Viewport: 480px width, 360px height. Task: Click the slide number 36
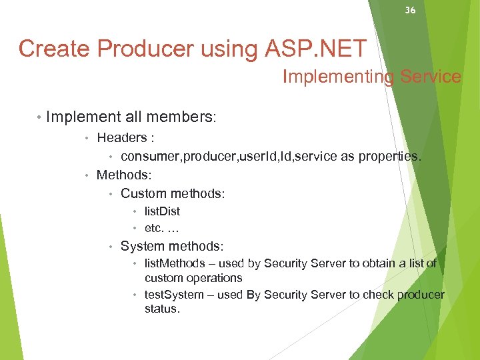(410, 10)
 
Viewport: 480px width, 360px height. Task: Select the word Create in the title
(51, 48)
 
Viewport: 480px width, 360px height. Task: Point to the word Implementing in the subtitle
(339, 77)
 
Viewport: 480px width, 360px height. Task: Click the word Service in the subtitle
(431, 77)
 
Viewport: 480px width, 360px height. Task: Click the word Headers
(121, 138)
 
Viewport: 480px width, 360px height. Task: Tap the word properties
(389, 157)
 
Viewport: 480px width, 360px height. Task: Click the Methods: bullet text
(124, 175)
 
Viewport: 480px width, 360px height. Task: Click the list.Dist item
(162, 211)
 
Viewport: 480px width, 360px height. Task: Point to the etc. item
(155, 228)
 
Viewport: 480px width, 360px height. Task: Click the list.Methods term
(175, 263)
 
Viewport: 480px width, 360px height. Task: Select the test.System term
(175, 295)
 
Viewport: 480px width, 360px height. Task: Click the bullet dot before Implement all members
(39, 117)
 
